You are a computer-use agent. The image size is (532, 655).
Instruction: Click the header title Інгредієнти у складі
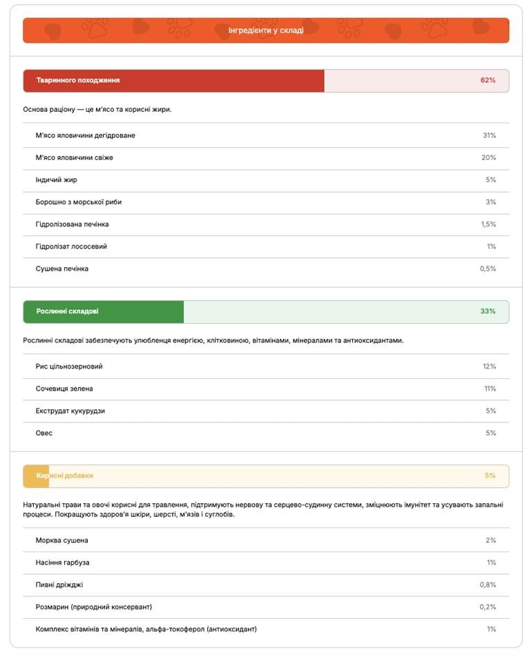[x=266, y=30]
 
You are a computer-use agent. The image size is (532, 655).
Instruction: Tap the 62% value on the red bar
[x=488, y=80]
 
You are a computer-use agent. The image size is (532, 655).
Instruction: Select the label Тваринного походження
[x=78, y=80]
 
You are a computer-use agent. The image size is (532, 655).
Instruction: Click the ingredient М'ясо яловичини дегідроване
[x=86, y=135]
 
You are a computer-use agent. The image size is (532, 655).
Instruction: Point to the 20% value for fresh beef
[x=489, y=157]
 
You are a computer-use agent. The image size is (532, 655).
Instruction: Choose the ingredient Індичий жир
[x=57, y=179]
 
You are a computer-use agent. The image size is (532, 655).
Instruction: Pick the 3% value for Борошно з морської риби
[x=491, y=202]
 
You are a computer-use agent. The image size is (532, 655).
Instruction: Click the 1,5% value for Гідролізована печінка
[x=488, y=224]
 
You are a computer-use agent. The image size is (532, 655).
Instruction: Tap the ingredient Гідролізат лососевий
[x=71, y=246]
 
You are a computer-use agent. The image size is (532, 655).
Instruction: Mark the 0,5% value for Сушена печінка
[x=488, y=268]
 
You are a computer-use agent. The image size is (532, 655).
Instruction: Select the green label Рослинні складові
[x=68, y=311]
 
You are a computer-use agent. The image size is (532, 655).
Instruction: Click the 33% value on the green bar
[x=488, y=311]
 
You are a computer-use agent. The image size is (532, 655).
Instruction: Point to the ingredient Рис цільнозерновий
[x=69, y=366]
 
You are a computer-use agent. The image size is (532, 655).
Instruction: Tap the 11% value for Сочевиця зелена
[x=490, y=389]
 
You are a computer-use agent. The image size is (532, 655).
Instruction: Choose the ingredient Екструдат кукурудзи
[x=70, y=411]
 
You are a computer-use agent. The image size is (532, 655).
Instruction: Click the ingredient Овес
[x=44, y=433]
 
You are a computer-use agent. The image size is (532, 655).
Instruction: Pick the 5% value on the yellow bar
[x=490, y=476]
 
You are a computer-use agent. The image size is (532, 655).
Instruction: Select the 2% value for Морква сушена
[x=491, y=540]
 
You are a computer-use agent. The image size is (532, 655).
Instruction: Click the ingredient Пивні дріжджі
[x=59, y=585]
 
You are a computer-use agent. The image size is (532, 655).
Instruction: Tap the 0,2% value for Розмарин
[x=488, y=607]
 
